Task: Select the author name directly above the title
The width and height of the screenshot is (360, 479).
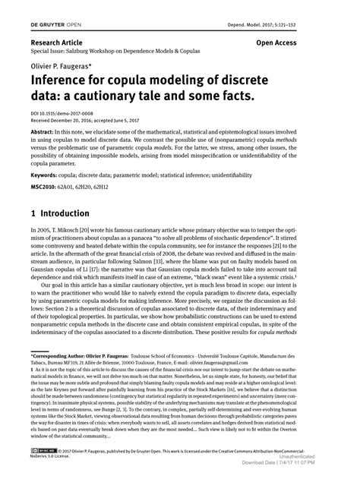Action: point(64,77)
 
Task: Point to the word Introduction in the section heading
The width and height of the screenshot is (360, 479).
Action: point(73,235)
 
